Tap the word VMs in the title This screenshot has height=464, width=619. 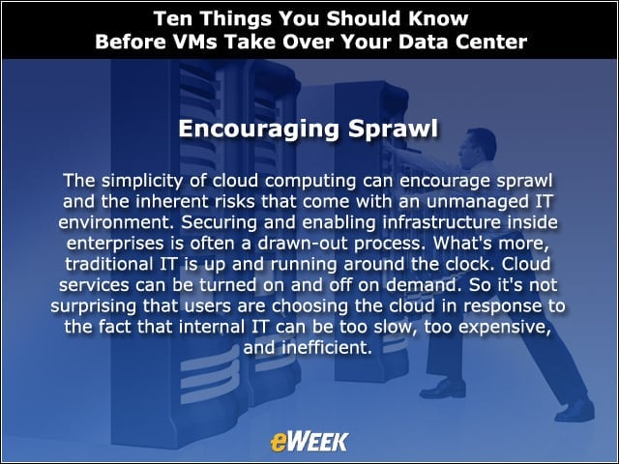[x=195, y=42]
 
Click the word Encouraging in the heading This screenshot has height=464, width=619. [x=258, y=129]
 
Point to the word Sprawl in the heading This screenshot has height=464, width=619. [x=394, y=129]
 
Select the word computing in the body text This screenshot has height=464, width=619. [x=310, y=181]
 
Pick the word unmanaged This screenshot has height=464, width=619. [x=477, y=202]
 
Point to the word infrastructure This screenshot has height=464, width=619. [x=441, y=222]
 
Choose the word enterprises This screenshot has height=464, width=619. [x=115, y=244]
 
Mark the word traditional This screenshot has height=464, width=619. [x=109, y=264]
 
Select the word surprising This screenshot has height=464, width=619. [x=93, y=305]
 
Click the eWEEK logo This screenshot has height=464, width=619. [x=309, y=442]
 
